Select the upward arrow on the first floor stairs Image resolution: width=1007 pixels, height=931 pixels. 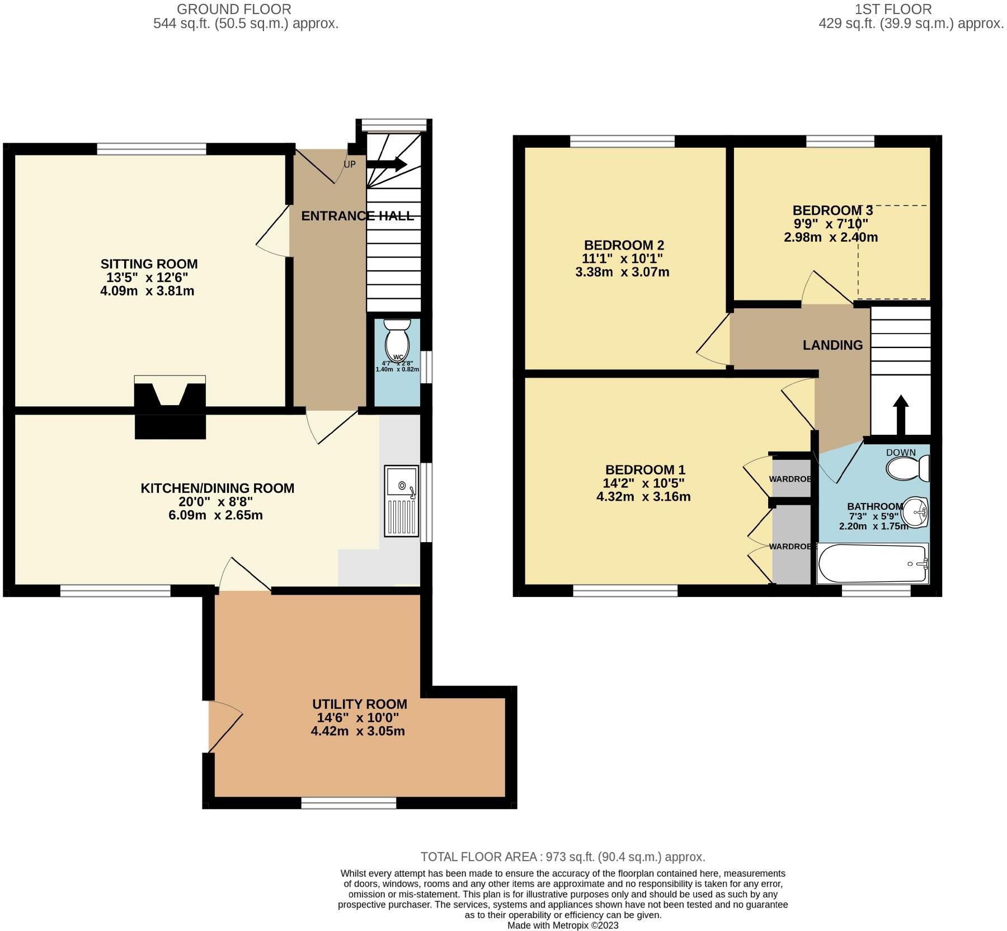click(x=900, y=415)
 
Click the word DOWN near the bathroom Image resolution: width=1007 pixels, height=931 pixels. click(x=901, y=452)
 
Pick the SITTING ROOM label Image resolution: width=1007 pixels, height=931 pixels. click(x=149, y=264)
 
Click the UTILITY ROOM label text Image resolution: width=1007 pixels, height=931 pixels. click(x=359, y=704)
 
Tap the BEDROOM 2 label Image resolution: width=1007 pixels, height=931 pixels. click(x=623, y=245)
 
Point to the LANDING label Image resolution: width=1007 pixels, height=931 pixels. click(x=832, y=345)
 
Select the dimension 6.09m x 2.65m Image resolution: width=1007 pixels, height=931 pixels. click(x=215, y=515)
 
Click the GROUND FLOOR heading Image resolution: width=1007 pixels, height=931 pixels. click(x=234, y=9)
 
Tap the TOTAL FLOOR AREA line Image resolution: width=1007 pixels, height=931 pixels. click(x=562, y=857)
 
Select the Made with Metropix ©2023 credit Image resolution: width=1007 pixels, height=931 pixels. click(x=563, y=925)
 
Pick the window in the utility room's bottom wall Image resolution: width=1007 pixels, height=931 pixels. click(x=349, y=804)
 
